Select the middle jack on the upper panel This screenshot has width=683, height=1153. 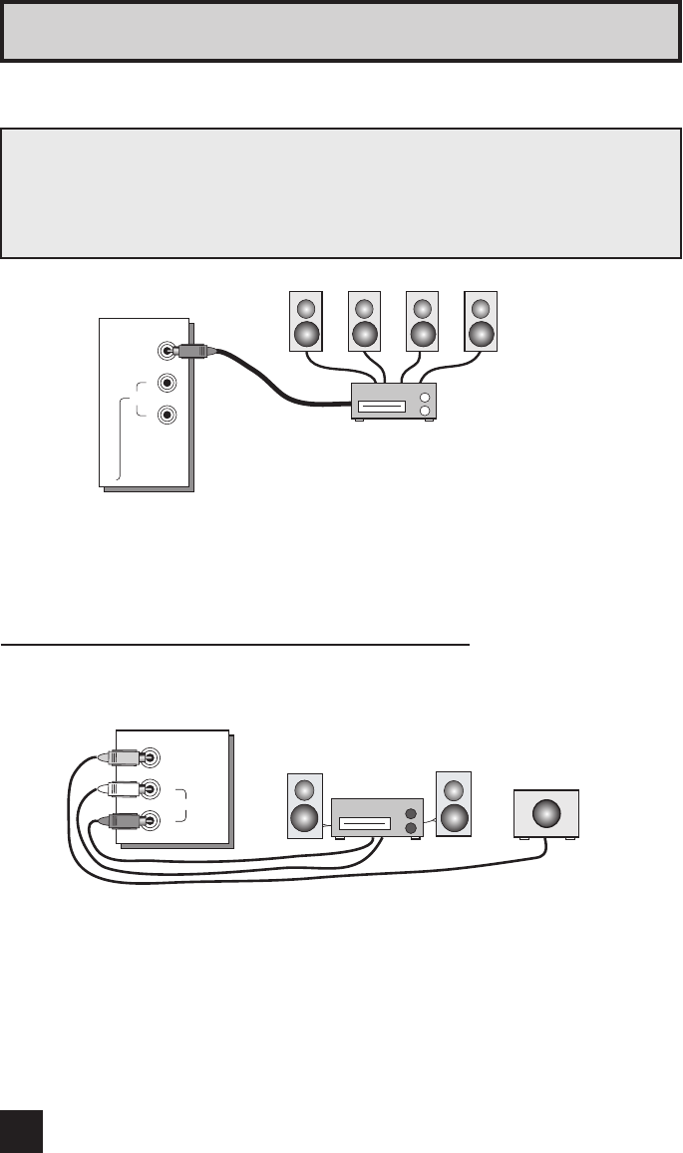169,383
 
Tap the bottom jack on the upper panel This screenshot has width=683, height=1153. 169,414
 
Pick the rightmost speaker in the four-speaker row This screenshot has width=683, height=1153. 482,321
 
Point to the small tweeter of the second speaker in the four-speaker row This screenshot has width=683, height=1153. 364,308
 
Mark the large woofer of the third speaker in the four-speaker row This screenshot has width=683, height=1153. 423,332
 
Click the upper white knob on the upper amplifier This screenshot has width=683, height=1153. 426,396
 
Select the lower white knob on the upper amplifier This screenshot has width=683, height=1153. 426,410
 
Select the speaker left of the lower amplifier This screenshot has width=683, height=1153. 305,805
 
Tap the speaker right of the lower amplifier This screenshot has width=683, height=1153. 454,803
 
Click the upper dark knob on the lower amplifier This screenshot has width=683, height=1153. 410,813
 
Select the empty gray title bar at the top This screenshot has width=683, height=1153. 341,32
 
